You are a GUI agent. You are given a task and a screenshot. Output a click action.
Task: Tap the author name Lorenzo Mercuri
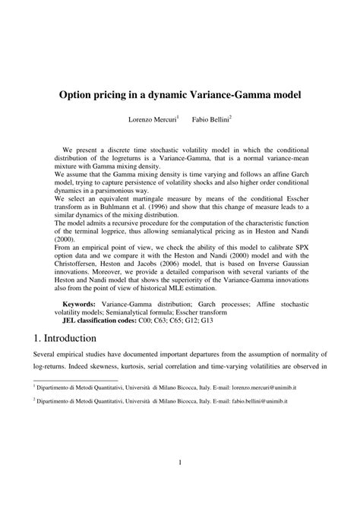coord(154,120)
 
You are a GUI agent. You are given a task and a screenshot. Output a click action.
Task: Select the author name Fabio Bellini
coord(210,120)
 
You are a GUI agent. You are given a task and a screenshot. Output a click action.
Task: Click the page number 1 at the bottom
coord(180,464)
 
